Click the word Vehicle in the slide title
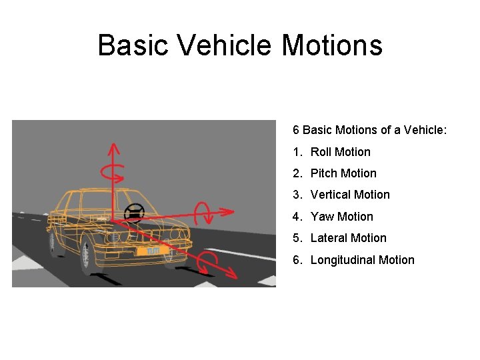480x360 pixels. tap(223, 45)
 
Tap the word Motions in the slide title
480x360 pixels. tap(332, 45)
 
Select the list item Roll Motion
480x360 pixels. tap(340, 152)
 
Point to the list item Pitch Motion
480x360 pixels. tap(343, 173)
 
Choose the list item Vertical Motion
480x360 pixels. tap(350, 195)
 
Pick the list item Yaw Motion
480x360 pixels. tap(341, 217)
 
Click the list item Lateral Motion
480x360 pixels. tap(348, 238)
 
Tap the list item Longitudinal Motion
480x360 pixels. tap(362, 260)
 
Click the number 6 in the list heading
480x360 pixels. tap(296, 130)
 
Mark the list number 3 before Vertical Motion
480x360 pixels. tap(297, 195)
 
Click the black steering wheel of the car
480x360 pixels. tap(134, 213)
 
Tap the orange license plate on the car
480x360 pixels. tap(149, 251)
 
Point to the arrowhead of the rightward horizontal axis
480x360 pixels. tap(229, 211)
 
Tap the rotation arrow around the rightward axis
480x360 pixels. tap(203, 213)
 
